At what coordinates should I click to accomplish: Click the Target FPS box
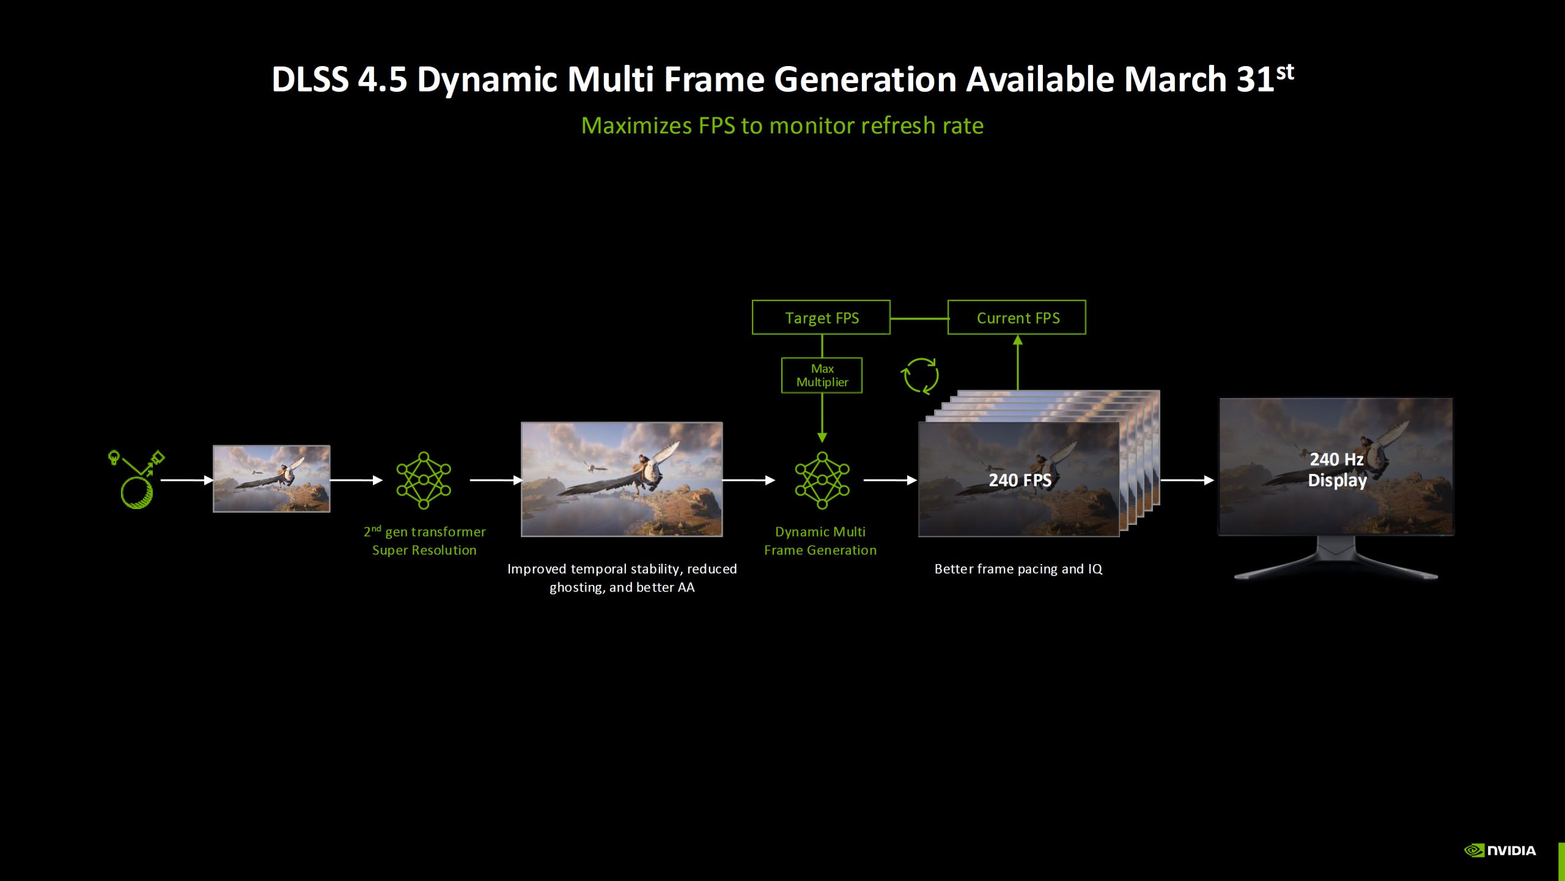[x=821, y=318]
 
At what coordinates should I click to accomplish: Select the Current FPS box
[x=1017, y=318]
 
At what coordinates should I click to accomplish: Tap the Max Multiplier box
[x=822, y=376]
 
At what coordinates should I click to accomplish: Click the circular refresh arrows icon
[x=920, y=376]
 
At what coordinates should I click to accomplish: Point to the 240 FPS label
[x=1020, y=480]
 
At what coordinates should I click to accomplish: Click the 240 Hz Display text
[x=1336, y=470]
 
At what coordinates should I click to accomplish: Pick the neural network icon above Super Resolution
[x=424, y=480]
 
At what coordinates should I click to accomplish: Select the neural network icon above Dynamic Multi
[x=822, y=480]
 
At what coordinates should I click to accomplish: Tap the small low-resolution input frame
[x=271, y=478]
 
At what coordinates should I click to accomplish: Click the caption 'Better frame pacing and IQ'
[x=1018, y=569]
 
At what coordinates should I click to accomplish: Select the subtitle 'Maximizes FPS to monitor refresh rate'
[x=782, y=125]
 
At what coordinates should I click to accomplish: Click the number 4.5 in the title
[x=382, y=80]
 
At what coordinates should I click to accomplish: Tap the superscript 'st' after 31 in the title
[x=1285, y=72]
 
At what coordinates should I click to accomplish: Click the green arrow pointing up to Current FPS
[x=1018, y=361]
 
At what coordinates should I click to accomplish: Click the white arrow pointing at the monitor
[x=1187, y=480]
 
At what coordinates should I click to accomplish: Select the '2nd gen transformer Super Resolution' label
[x=424, y=541]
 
